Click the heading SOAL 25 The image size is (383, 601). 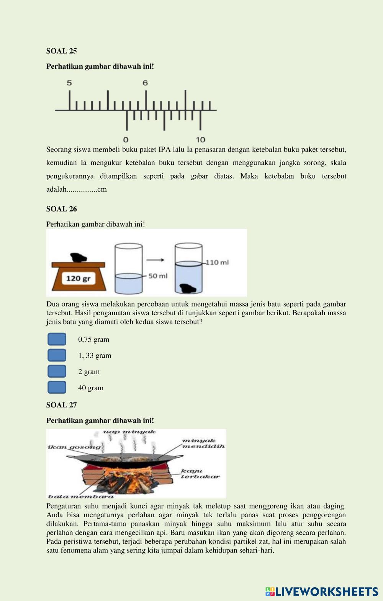(61, 51)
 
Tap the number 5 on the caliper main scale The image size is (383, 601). (69, 83)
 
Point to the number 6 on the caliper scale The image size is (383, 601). (145, 83)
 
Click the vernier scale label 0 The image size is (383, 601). (126, 140)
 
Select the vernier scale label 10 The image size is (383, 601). (200, 140)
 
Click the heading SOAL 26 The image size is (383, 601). (61, 209)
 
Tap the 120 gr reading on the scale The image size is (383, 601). (78, 278)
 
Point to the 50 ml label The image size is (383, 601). (158, 276)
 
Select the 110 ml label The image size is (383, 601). (218, 262)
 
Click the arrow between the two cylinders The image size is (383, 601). (155, 260)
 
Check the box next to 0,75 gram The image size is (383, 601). (57, 339)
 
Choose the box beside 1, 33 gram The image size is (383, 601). (57, 355)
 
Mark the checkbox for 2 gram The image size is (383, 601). (57, 371)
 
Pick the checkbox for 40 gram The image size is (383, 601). (57, 388)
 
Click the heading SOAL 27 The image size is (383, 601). (61, 405)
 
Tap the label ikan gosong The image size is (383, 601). (74, 447)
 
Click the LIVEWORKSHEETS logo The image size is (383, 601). (322, 592)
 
